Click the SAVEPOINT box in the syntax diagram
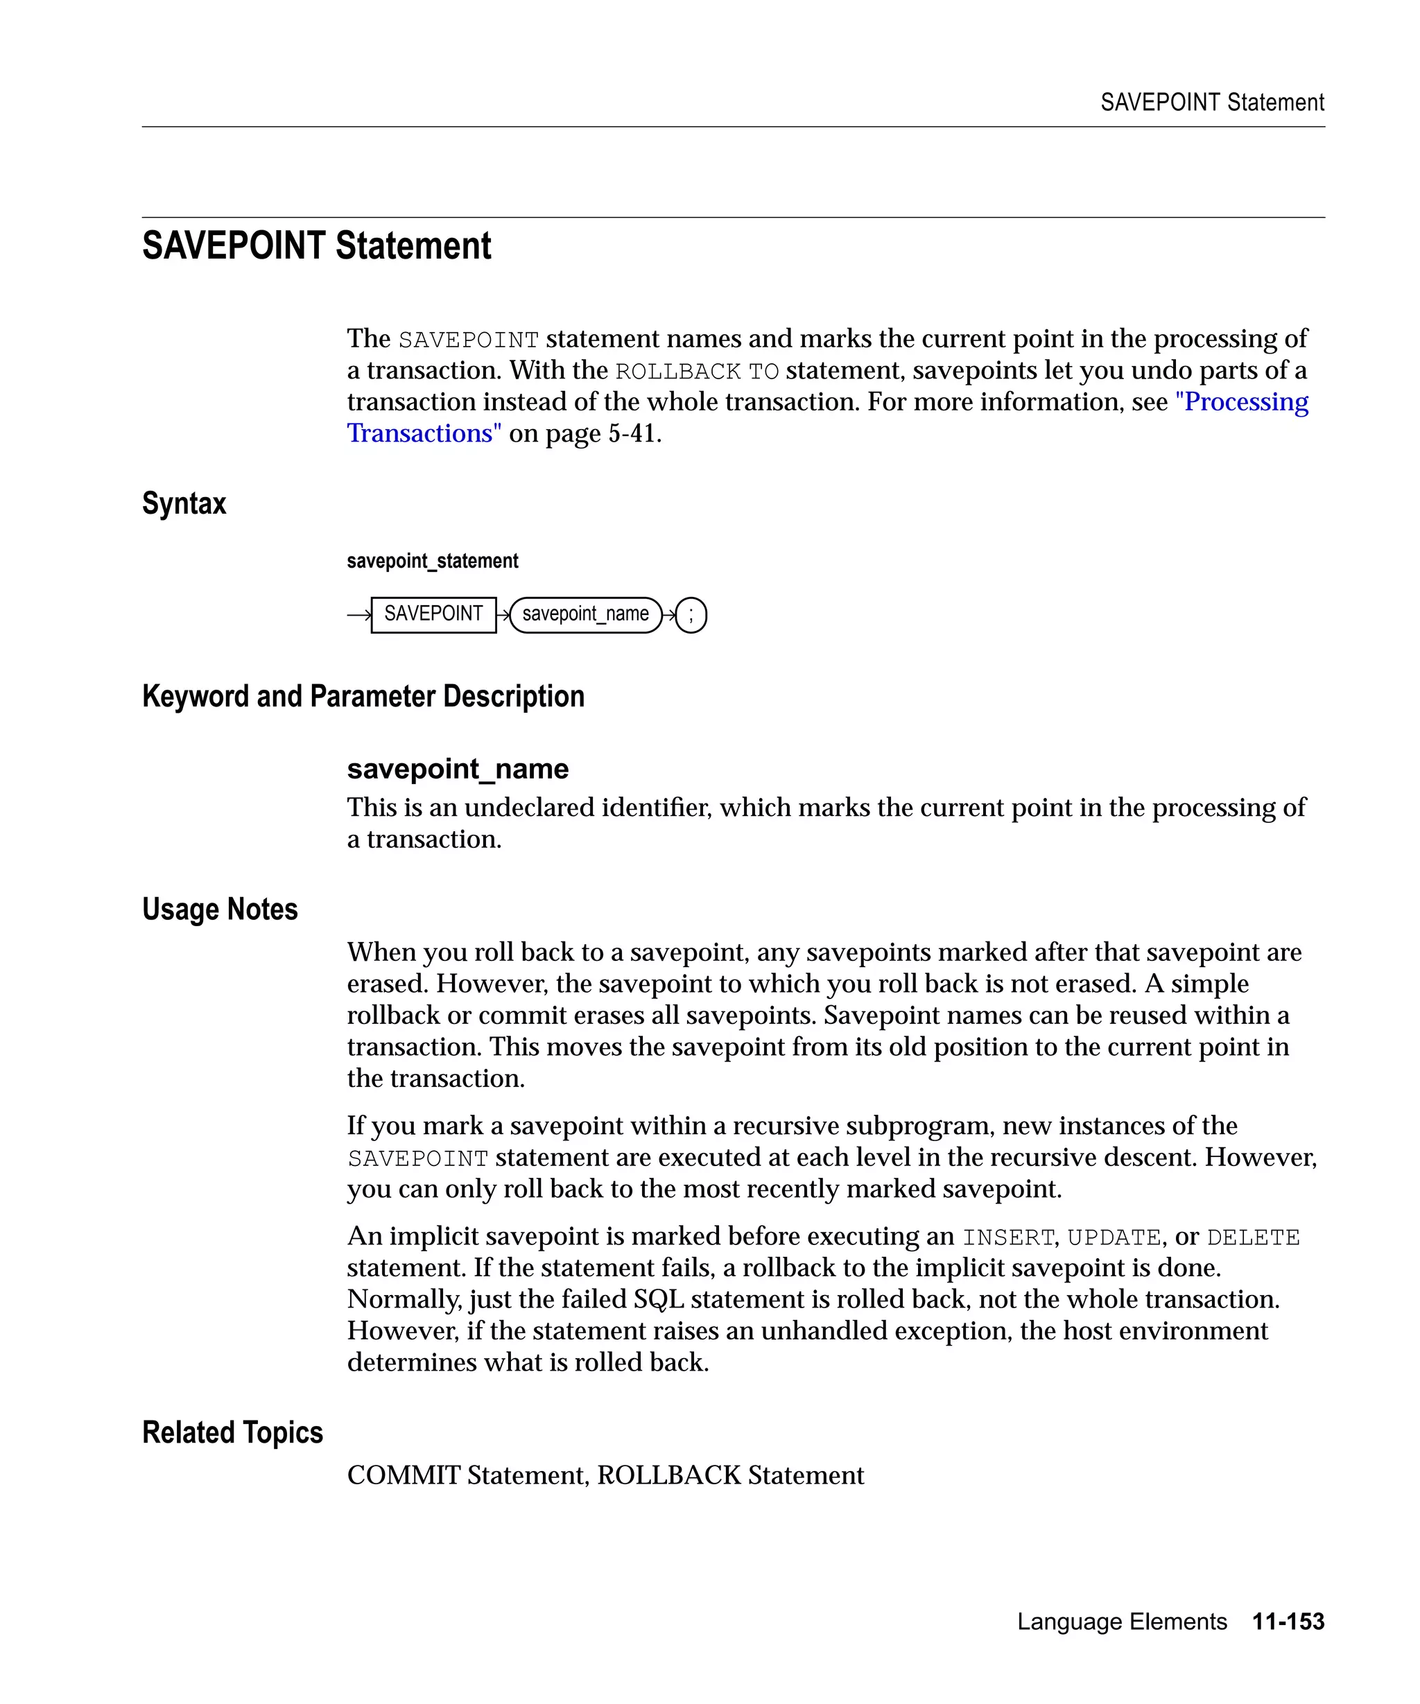click(x=433, y=614)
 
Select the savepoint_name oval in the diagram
click(x=585, y=614)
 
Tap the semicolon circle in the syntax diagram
click(x=691, y=615)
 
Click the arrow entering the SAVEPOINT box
click(x=358, y=615)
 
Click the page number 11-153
click(x=1288, y=1622)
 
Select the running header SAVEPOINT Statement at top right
click(x=1211, y=102)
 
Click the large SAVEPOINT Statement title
click(x=316, y=246)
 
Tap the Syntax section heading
click(x=184, y=503)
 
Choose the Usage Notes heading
click(x=220, y=909)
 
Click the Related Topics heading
click(x=232, y=1432)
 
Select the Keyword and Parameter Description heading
click(x=363, y=696)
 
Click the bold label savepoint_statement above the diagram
click(x=432, y=561)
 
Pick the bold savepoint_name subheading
click(x=458, y=768)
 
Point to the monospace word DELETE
click(x=1253, y=1237)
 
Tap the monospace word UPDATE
click(x=1114, y=1237)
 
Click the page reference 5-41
click(x=632, y=433)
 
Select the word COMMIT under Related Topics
click(x=404, y=1475)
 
